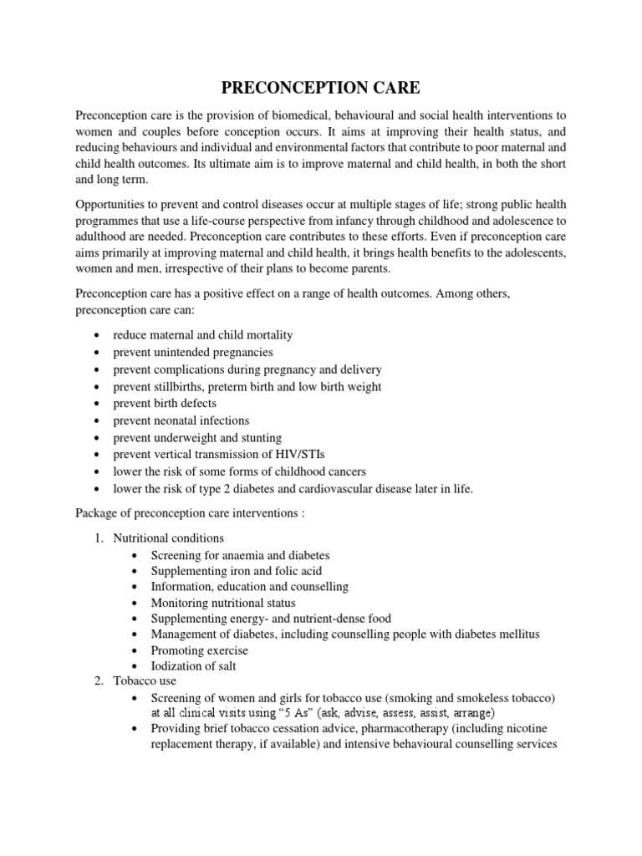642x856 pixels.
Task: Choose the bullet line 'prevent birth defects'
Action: click(x=165, y=403)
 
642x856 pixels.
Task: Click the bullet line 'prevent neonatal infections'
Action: click(x=181, y=420)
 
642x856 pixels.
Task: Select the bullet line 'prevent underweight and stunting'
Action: click(x=197, y=437)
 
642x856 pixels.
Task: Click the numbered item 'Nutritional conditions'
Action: click(x=168, y=538)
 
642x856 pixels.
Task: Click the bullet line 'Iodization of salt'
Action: click(x=193, y=665)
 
